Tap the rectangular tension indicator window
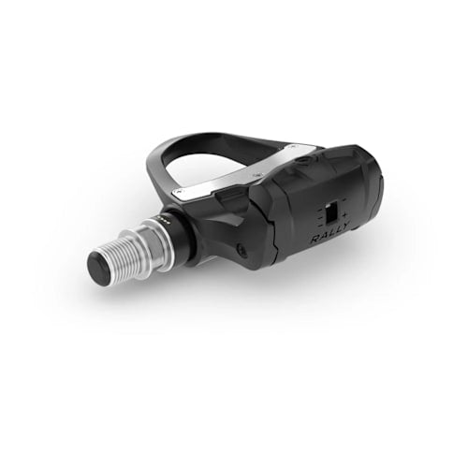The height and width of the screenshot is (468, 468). point(330,213)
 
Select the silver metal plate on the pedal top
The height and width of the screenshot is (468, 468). point(253,169)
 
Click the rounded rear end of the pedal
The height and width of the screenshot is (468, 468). point(374,183)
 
